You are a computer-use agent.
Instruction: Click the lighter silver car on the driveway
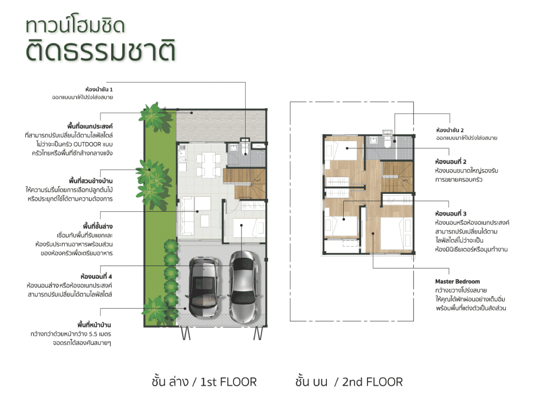(x=244, y=287)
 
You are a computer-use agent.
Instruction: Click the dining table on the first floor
(x=208, y=165)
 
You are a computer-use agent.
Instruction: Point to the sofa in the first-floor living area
(x=187, y=216)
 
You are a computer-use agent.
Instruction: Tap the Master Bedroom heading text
(x=457, y=281)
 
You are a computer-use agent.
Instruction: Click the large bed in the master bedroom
(x=396, y=234)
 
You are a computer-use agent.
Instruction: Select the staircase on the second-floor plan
(x=397, y=177)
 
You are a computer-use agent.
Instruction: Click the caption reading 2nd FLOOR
(x=372, y=382)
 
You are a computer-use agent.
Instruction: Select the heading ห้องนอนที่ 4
(x=96, y=276)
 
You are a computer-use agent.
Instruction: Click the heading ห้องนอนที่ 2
(x=451, y=162)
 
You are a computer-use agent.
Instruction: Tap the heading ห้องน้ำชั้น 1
(x=99, y=89)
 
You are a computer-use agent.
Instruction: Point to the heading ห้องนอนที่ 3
(x=451, y=213)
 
